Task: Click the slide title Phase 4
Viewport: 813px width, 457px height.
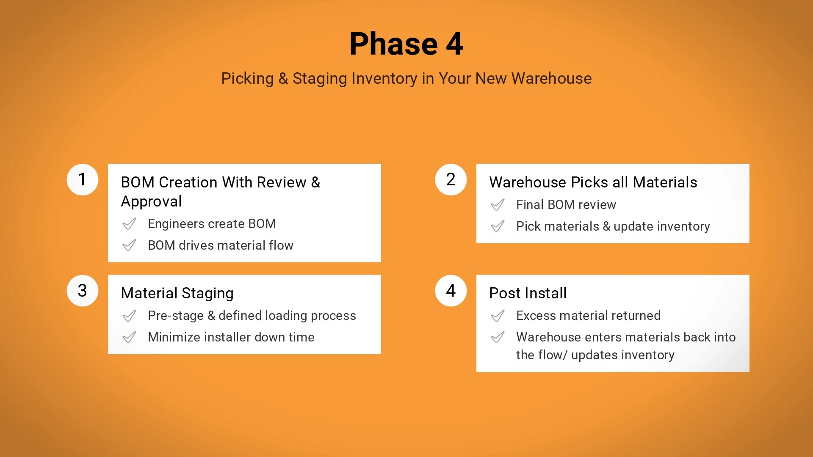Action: tap(406, 44)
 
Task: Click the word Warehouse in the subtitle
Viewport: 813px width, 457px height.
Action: tap(551, 78)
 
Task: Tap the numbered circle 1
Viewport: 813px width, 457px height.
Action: tap(83, 179)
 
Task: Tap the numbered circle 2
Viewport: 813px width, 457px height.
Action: tap(451, 179)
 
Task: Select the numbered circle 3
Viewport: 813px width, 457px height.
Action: tap(83, 291)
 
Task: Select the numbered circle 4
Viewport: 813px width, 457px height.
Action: tap(451, 291)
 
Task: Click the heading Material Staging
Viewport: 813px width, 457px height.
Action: tap(177, 293)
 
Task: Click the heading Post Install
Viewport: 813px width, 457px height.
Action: tap(528, 293)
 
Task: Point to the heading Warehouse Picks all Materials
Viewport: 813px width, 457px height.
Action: tap(593, 182)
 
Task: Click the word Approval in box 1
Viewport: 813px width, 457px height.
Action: tap(151, 201)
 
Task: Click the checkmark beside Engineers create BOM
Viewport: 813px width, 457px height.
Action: tap(129, 224)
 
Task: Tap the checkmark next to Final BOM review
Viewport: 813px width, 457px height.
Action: tap(498, 205)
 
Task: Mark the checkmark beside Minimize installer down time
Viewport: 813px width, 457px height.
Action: tap(129, 337)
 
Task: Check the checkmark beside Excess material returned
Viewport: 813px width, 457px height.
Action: tap(498, 316)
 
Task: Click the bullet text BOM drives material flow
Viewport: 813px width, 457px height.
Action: tap(221, 245)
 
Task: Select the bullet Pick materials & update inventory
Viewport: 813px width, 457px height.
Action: tap(613, 226)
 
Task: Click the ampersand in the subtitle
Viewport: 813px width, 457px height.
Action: tap(283, 79)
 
